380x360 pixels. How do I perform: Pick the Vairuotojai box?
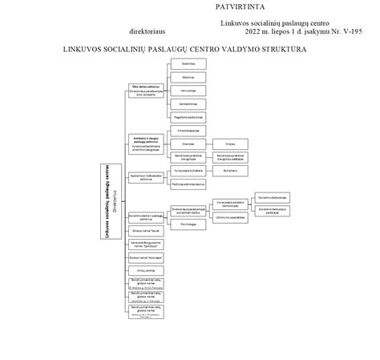pyautogui.click(x=188, y=91)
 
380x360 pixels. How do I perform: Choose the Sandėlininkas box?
pyautogui.click(x=188, y=103)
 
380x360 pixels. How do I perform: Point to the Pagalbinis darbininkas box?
pyautogui.click(x=188, y=117)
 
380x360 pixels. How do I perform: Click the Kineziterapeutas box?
pyautogui.click(x=188, y=130)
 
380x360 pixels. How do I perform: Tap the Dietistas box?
pyautogui.click(x=188, y=144)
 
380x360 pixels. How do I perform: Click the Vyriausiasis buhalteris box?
pyautogui.click(x=188, y=170)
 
